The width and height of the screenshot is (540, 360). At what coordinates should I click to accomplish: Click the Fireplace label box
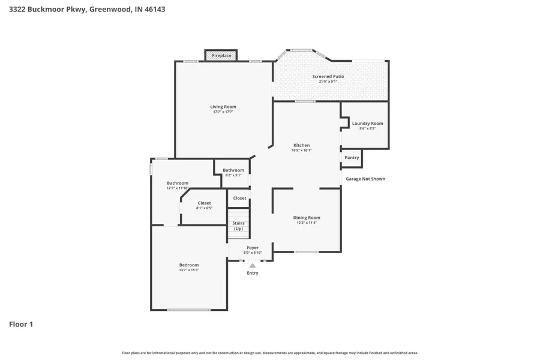pos(221,56)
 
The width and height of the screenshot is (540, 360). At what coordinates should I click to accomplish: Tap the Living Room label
pos(223,107)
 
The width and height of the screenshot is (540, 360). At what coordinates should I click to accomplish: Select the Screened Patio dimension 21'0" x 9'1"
pos(328,82)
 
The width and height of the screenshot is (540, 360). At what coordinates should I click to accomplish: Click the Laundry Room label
pos(367,124)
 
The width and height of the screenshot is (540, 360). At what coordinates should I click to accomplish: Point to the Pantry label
pos(352,158)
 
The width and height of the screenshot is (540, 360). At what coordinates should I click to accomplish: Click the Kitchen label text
pos(301,145)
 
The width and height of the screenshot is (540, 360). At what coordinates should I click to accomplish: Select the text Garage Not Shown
pos(365,179)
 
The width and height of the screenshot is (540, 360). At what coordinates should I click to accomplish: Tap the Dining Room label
pos(306,217)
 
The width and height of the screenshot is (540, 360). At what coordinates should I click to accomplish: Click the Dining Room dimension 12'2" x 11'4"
pos(306,223)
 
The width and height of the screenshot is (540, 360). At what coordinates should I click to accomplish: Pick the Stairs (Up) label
pos(238,226)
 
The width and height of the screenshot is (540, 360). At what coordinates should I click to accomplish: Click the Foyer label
pos(253,247)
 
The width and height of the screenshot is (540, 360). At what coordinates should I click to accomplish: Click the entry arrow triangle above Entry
pos(253,265)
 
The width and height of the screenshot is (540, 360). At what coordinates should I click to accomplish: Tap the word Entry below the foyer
pos(253,273)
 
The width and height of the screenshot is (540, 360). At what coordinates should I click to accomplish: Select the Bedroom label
pos(188,265)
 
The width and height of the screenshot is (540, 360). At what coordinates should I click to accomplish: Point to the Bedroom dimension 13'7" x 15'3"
pos(188,270)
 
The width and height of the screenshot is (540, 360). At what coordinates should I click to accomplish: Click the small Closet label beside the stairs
pos(239,198)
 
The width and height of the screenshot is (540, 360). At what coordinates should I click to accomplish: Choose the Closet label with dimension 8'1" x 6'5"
pos(204,203)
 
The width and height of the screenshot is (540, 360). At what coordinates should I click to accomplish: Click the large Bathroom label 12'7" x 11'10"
pos(178,183)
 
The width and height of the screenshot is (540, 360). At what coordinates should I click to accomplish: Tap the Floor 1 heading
pos(21,325)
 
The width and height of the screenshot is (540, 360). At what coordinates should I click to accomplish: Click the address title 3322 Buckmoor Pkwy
pos(87,10)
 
